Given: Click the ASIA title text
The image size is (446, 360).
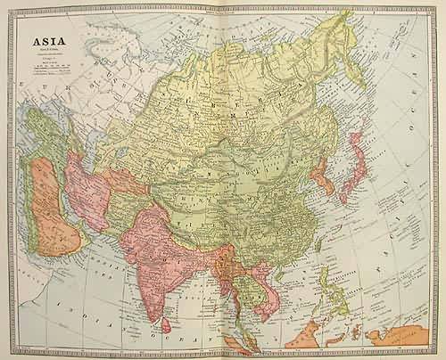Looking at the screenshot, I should click(49, 42).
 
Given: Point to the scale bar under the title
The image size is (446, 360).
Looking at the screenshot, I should click(48, 68).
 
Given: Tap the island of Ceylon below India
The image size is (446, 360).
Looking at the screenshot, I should click(165, 311).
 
